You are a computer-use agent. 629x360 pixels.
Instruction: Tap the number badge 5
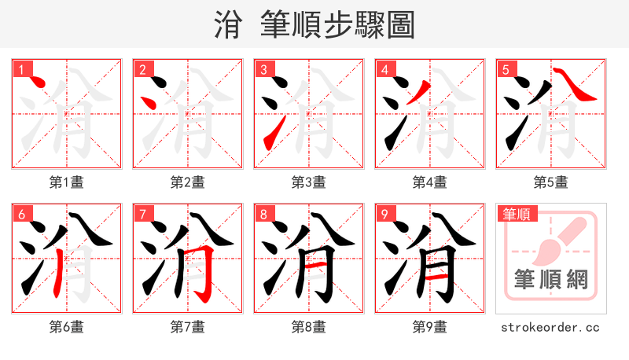506,70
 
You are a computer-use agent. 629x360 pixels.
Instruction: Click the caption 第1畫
67,182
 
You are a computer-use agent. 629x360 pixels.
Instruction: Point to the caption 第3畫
309,182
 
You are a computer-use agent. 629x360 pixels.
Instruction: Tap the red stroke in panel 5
576,87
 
